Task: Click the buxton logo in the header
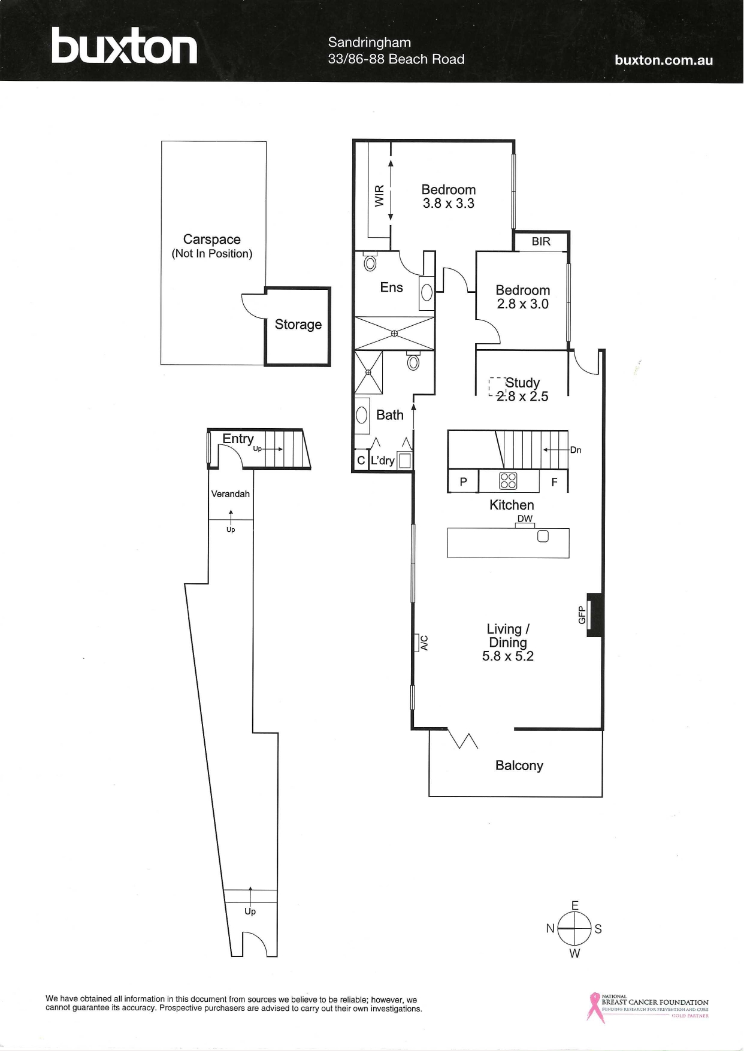point(124,46)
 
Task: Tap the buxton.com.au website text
point(663,60)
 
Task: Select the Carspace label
point(211,240)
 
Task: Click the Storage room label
point(298,325)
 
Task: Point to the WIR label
point(379,196)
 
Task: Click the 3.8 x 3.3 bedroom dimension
point(448,204)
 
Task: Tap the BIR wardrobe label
point(541,241)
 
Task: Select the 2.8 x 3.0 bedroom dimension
point(522,304)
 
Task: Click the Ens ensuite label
point(391,287)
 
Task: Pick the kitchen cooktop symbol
point(508,480)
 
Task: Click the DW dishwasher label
point(525,519)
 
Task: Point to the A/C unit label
point(424,643)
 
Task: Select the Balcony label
point(519,765)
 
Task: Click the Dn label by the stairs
point(575,450)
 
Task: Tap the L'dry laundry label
point(382,461)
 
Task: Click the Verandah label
point(230,494)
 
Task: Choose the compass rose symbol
point(574,928)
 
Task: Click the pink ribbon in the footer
point(594,1007)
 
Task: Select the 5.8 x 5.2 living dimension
point(507,656)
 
